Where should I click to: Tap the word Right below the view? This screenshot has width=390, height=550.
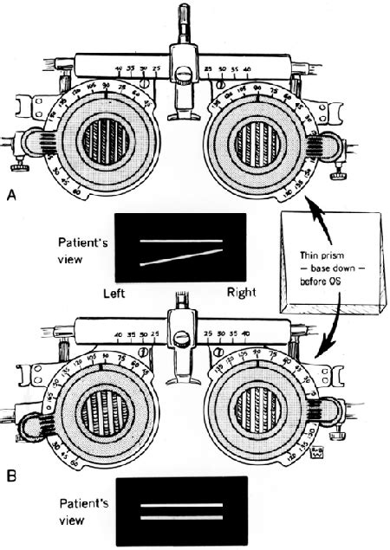[240, 293]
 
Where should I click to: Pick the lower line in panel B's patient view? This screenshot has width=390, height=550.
[180, 518]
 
